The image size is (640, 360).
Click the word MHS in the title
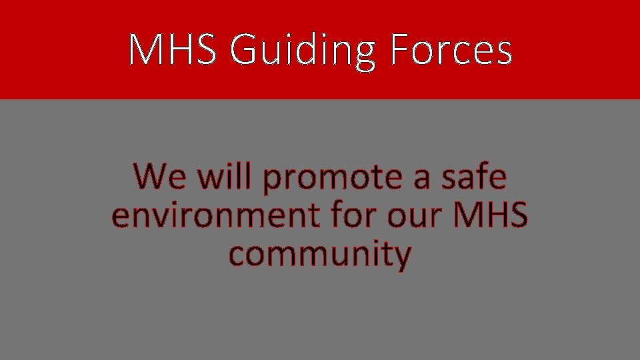click(172, 50)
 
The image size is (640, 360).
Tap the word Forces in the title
click(451, 50)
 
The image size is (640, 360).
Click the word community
click(319, 255)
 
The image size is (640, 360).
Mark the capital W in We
click(148, 177)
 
